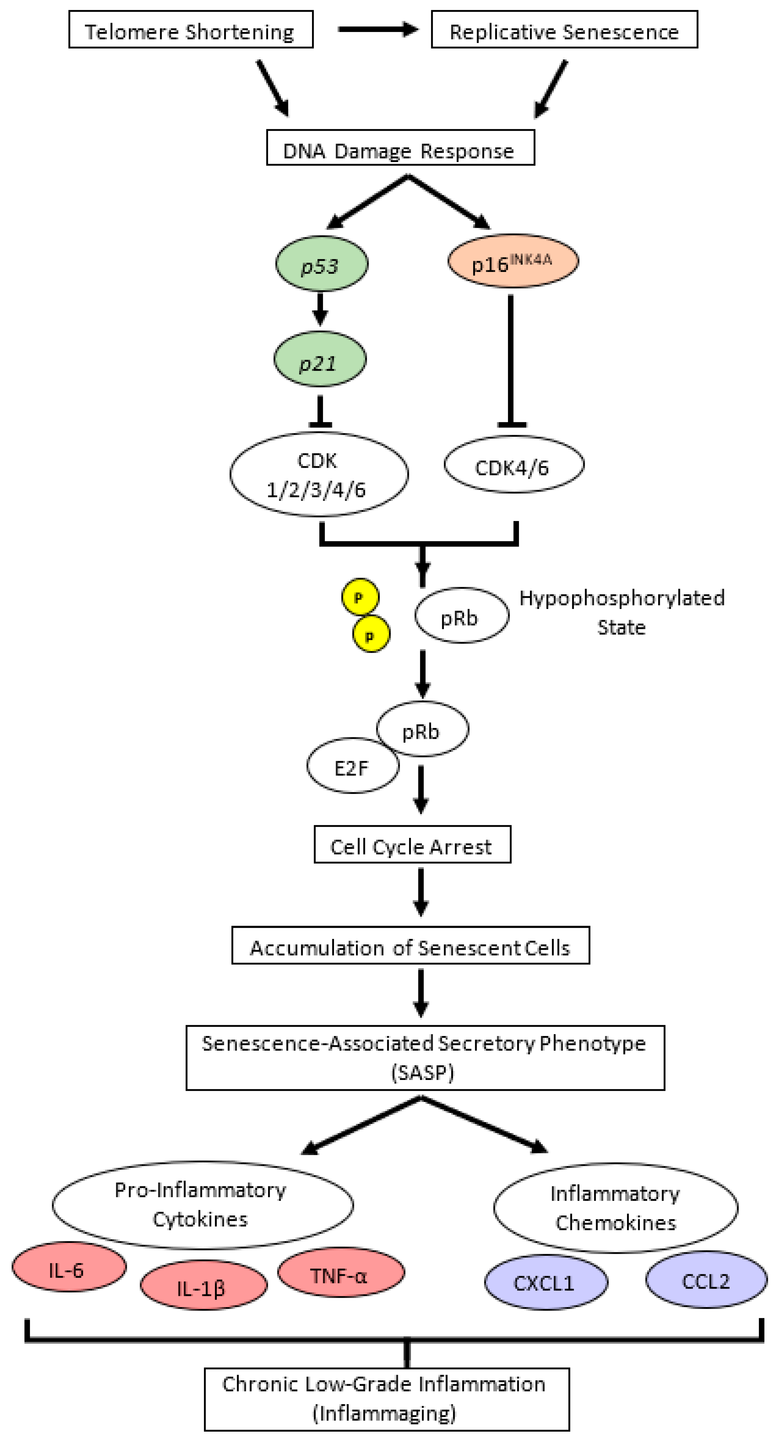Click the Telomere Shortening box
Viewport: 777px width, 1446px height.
191,30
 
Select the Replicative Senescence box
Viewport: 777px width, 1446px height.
564,30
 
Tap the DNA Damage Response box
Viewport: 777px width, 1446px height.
400,148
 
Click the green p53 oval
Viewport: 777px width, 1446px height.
321,263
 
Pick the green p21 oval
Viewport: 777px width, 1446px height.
320,359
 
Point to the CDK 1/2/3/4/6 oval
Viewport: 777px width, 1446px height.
319,474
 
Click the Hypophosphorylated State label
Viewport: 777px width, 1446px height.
622,612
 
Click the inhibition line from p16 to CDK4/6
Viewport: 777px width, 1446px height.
510,359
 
